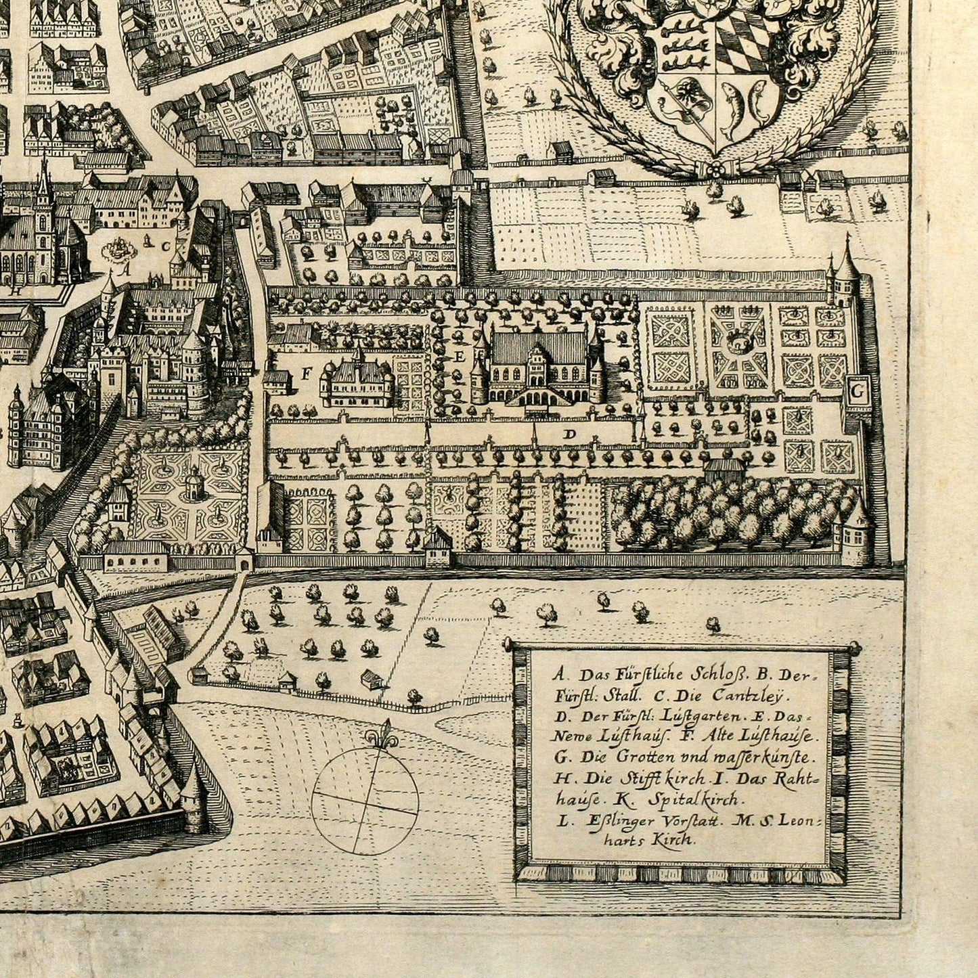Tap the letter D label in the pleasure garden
click(569, 435)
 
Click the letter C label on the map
click(165, 246)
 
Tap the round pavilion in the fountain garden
click(194, 482)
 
